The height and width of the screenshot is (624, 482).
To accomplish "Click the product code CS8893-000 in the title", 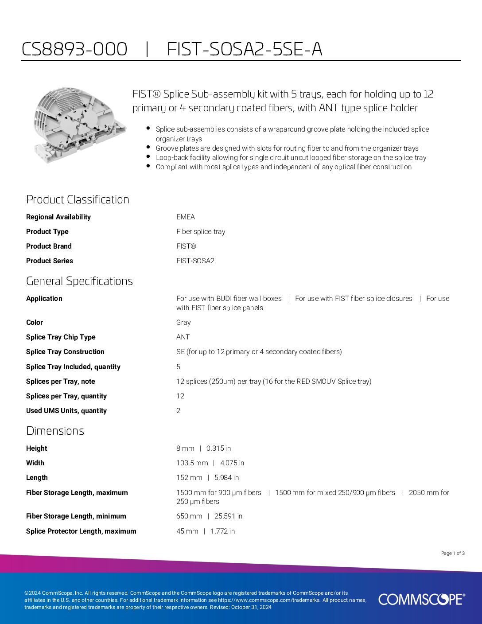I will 74,49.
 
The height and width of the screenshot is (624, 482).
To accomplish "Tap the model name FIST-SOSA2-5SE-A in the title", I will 245,49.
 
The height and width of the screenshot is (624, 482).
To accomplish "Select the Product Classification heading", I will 78,199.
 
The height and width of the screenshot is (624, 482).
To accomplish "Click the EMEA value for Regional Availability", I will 186,217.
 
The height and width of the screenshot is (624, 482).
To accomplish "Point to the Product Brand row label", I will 49,246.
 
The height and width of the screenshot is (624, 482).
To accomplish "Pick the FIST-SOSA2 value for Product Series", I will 195,261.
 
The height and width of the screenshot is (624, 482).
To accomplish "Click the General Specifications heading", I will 79,281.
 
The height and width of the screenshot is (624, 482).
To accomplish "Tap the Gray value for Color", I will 183,322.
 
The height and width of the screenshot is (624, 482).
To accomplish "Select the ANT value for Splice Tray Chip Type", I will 183,337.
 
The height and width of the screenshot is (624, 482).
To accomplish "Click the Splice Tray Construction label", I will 65,351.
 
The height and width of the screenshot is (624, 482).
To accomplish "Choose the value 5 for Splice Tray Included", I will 179,367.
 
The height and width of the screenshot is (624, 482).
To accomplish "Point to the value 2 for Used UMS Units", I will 179,410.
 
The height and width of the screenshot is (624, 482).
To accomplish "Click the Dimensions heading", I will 55,431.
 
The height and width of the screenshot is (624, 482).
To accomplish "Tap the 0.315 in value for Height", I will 218,448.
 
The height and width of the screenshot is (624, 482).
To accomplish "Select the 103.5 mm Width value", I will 192,463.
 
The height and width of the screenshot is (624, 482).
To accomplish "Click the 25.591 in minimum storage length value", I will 228,516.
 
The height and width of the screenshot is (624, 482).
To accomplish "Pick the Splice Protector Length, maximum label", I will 81,531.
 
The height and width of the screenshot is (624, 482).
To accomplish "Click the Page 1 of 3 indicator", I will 453,553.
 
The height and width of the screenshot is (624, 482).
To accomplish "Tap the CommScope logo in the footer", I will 421,600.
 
